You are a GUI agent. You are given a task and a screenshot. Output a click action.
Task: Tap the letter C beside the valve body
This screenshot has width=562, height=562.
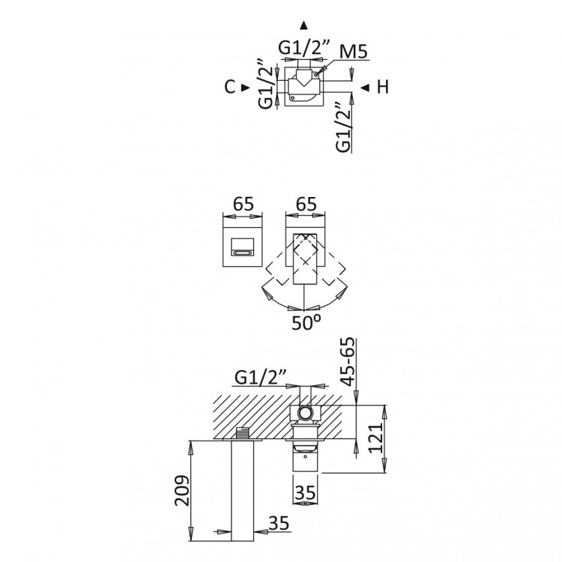pyautogui.click(x=230, y=87)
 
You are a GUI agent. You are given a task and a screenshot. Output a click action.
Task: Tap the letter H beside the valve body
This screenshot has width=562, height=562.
pyautogui.click(x=382, y=87)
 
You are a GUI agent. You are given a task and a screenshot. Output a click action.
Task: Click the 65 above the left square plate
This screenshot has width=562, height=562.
pyautogui.click(x=244, y=204)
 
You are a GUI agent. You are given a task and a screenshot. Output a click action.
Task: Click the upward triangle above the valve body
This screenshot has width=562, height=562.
pyautogui.click(x=303, y=23)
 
